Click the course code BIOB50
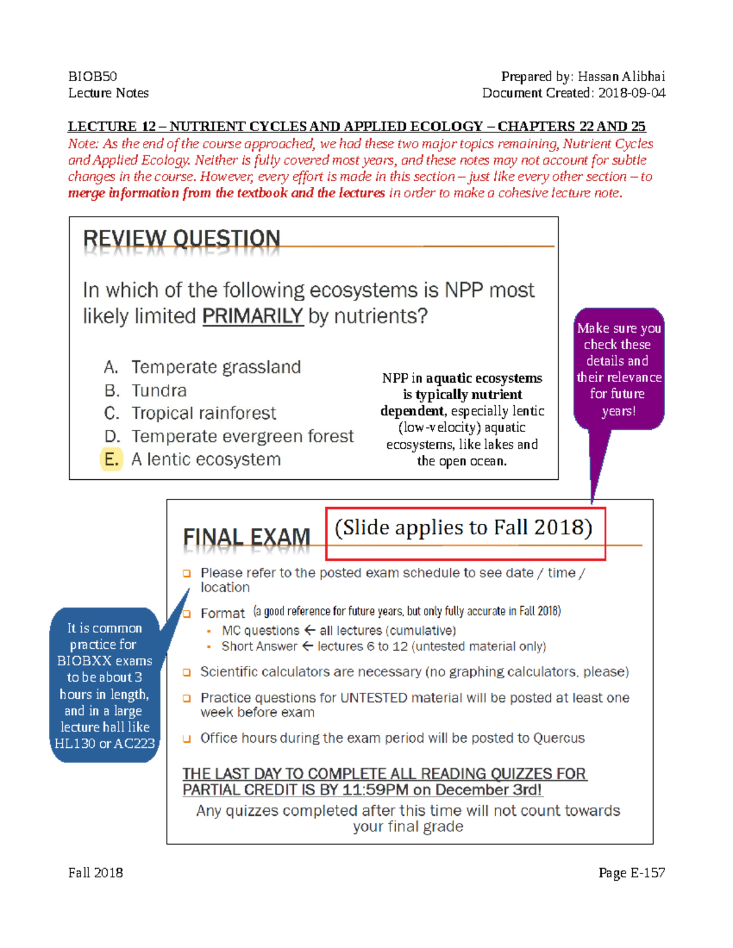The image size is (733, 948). (92, 76)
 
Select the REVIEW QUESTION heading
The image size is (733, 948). (181, 238)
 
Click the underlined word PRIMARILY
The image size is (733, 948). (252, 316)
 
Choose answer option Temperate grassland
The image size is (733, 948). (216, 367)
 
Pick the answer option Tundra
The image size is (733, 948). (159, 391)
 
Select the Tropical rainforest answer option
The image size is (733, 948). (203, 413)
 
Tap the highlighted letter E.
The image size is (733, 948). (111, 459)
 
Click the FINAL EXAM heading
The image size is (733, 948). (247, 537)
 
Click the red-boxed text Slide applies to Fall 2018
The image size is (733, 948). (464, 528)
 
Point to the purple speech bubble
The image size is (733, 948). (619, 369)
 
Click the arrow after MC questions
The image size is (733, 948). (310, 630)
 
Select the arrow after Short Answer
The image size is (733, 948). (307, 646)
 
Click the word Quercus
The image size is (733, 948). (558, 738)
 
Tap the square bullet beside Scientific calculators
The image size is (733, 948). (187, 672)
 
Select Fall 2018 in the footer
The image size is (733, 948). (95, 873)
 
